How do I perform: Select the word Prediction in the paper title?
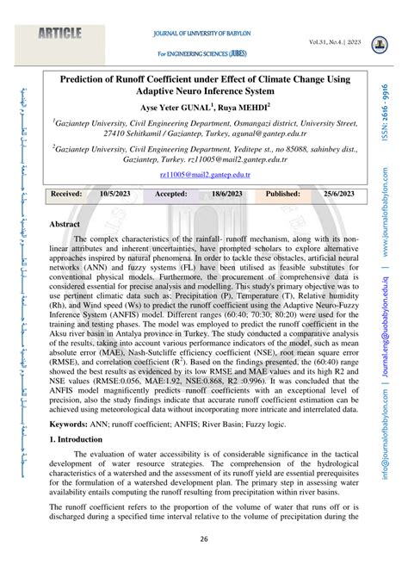90,78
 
